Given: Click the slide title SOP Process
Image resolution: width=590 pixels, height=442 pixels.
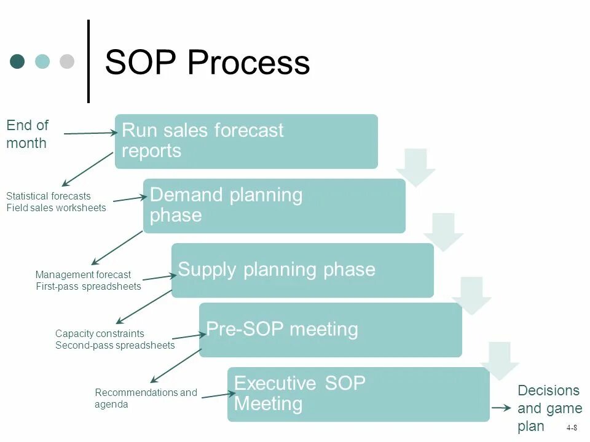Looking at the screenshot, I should (207, 63).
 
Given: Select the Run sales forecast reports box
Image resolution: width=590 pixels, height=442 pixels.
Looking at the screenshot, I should (246, 141).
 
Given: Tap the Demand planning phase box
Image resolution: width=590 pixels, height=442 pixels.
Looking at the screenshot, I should (274, 206).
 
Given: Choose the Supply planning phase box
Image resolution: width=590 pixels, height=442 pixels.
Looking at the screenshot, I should (302, 270).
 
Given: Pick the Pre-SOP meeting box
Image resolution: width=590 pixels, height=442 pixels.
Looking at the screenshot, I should (330, 330).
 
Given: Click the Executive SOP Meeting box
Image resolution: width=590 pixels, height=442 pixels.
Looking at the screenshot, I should (358, 394).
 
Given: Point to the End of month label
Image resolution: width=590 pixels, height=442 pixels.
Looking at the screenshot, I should (27, 134).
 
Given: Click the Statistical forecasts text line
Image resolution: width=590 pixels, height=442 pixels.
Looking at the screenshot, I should (49, 196).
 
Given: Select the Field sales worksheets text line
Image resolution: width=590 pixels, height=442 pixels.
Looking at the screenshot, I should (56, 208).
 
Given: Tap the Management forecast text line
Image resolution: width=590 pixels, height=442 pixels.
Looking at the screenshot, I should (83, 275).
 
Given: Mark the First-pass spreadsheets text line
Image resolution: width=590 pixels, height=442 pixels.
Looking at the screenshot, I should (88, 287).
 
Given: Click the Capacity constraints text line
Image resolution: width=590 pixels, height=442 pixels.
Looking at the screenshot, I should (100, 334).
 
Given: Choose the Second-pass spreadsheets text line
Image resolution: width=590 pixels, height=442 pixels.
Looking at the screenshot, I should (115, 346).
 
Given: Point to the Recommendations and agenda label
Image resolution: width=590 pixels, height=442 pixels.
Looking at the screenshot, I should (146, 398).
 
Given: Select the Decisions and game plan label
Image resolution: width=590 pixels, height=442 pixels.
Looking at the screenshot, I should (549, 408).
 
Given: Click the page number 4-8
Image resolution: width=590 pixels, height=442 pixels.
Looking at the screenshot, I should (572, 428).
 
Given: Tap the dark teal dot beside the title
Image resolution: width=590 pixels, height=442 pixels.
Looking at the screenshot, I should (17, 61).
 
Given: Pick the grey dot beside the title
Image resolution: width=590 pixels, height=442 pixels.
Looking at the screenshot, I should (66, 61).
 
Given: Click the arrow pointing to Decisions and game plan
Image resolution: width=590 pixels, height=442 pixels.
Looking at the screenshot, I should (502, 408).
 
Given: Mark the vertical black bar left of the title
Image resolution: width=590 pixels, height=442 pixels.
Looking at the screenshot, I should (88, 61).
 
